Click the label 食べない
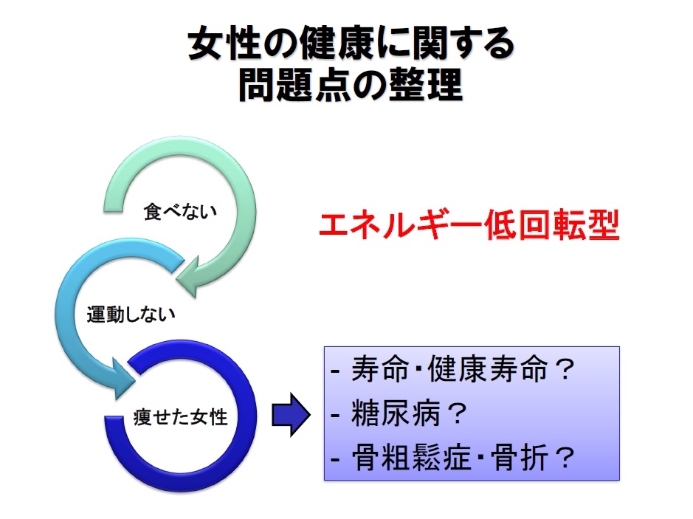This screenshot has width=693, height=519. click(180, 212)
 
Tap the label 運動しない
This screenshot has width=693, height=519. click(131, 315)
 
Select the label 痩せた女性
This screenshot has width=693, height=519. click(180, 417)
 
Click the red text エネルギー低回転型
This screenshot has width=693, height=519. click(469, 224)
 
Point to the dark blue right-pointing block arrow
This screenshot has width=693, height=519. click(291, 415)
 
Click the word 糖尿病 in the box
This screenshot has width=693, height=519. click(396, 413)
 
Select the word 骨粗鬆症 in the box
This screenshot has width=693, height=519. click(412, 457)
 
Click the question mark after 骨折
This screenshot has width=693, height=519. click(565, 457)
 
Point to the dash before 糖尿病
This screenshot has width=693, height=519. click(336, 416)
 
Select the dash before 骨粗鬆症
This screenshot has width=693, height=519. click(336, 460)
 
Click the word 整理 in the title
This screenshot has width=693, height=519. click(425, 84)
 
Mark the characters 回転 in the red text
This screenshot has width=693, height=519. click(553, 224)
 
